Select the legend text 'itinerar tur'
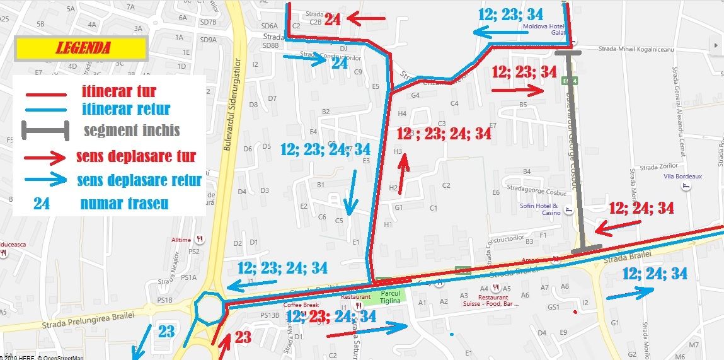(118, 91)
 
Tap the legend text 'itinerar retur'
(126, 110)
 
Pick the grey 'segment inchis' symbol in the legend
(45, 131)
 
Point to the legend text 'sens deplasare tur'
(135, 156)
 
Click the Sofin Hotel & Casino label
(539, 209)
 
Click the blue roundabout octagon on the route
(209, 307)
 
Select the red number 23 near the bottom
(243, 338)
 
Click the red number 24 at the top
(332, 20)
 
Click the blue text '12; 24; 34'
(654, 274)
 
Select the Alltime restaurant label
(182, 240)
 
